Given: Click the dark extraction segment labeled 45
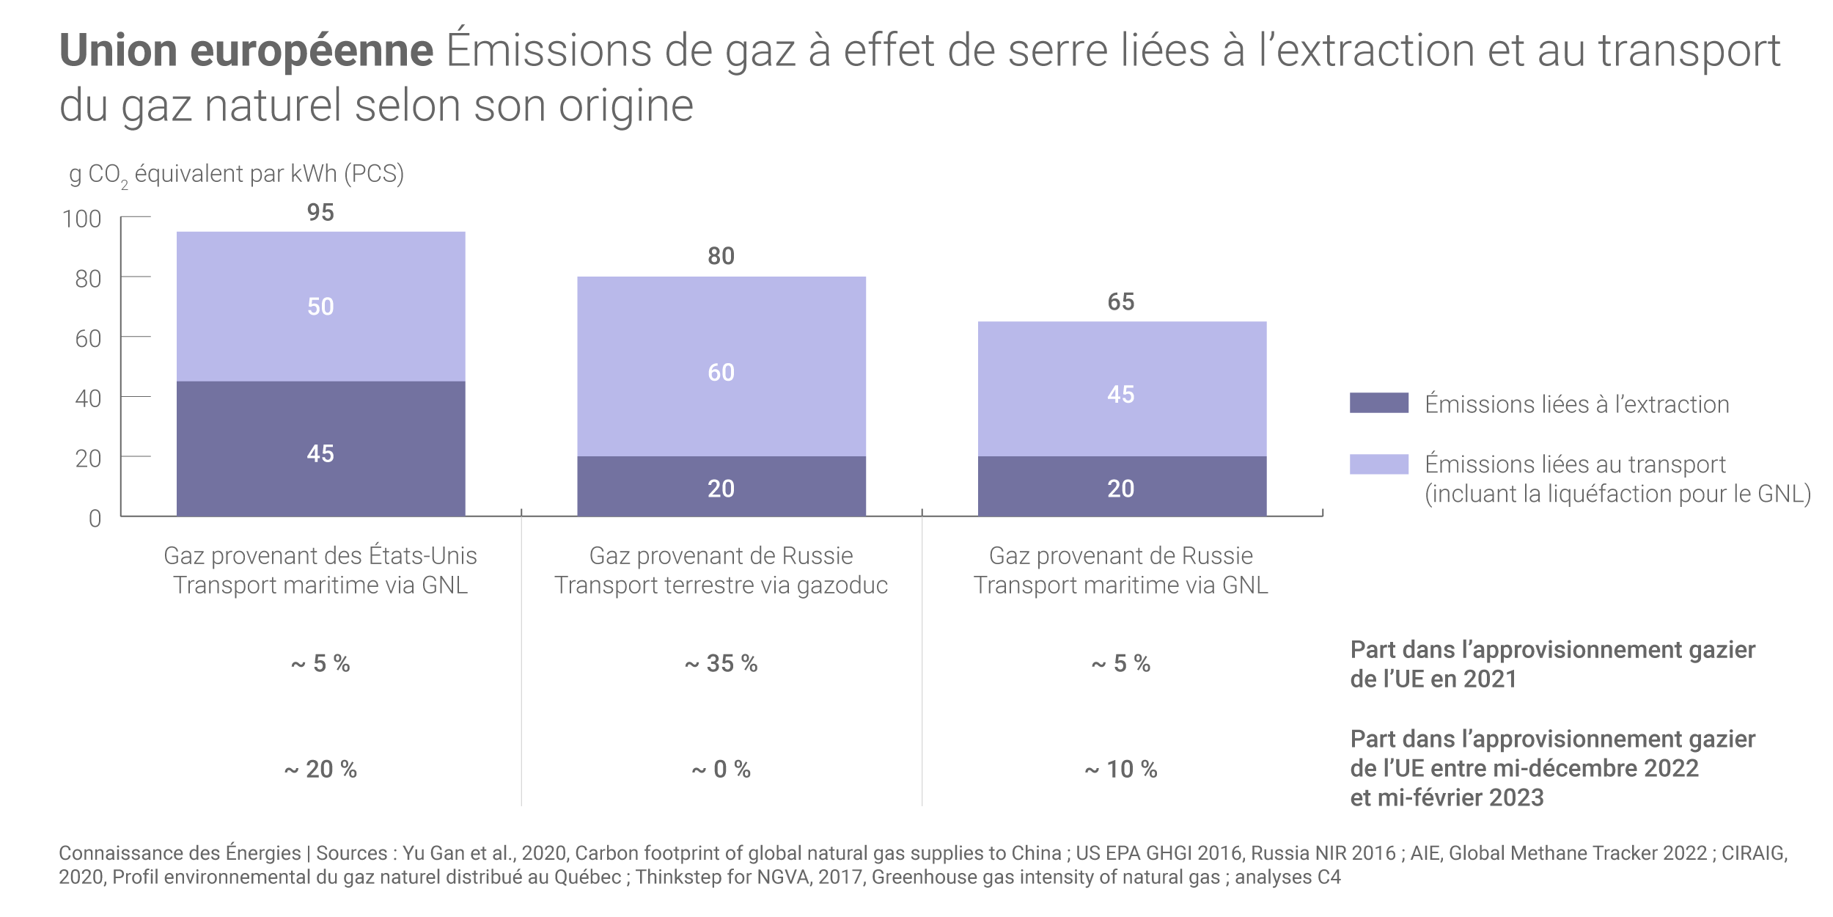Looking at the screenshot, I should pos(320,448).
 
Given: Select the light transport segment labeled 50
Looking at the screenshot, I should pos(320,306).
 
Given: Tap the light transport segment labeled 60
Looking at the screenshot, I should pos(721,366).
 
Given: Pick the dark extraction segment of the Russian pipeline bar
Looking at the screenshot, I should pos(721,486).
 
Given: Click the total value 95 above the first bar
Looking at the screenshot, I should pos(320,213).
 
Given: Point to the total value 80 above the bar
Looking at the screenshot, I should pos(721,256).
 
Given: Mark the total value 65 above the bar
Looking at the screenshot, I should pos(1120,302).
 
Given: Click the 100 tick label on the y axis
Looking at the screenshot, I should pos(82,219).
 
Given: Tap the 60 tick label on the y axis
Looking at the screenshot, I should pos(88,339).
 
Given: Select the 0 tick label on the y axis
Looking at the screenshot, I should pos(95,519).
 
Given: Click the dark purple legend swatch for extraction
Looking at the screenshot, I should pos(1378,403).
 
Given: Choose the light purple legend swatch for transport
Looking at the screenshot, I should pos(1378,464).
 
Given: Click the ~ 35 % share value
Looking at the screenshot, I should pos(721,663).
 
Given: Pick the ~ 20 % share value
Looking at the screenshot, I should pos(320,769).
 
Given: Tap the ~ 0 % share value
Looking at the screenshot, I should pos(721,769).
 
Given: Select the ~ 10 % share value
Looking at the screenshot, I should pos(1120,769).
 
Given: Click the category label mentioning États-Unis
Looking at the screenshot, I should pos(320,555).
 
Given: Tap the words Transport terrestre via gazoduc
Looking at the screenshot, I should pos(721,585).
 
